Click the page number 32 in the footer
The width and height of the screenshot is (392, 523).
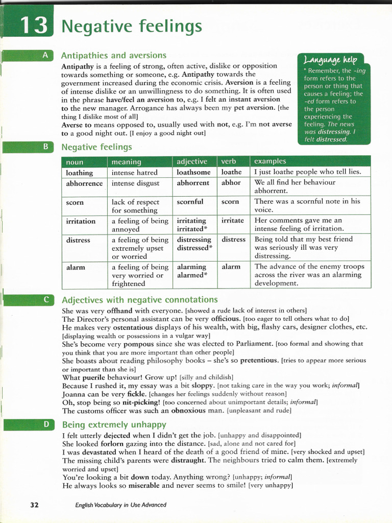pyautogui.click(x=34, y=505)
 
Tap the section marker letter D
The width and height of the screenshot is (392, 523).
pyautogui.click(x=45, y=424)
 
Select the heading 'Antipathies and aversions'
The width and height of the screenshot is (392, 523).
pyautogui.click(x=113, y=55)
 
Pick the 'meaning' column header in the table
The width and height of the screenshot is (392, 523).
pyautogui.click(x=126, y=161)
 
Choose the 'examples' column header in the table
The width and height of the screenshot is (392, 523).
pyautogui.click(x=270, y=161)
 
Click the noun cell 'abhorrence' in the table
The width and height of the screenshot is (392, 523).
pyautogui.click(x=84, y=183)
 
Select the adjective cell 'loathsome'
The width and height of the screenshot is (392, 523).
pyautogui.click(x=194, y=172)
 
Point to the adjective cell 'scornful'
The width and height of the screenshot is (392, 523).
pyautogui.click(x=190, y=202)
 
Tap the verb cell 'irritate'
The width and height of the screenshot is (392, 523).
pyautogui.click(x=232, y=221)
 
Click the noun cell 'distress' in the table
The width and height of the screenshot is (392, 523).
pyautogui.click(x=78, y=240)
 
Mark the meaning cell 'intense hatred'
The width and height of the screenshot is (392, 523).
pyautogui.click(x=135, y=172)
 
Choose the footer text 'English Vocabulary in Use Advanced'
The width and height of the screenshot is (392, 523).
pyautogui.click(x=120, y=505)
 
